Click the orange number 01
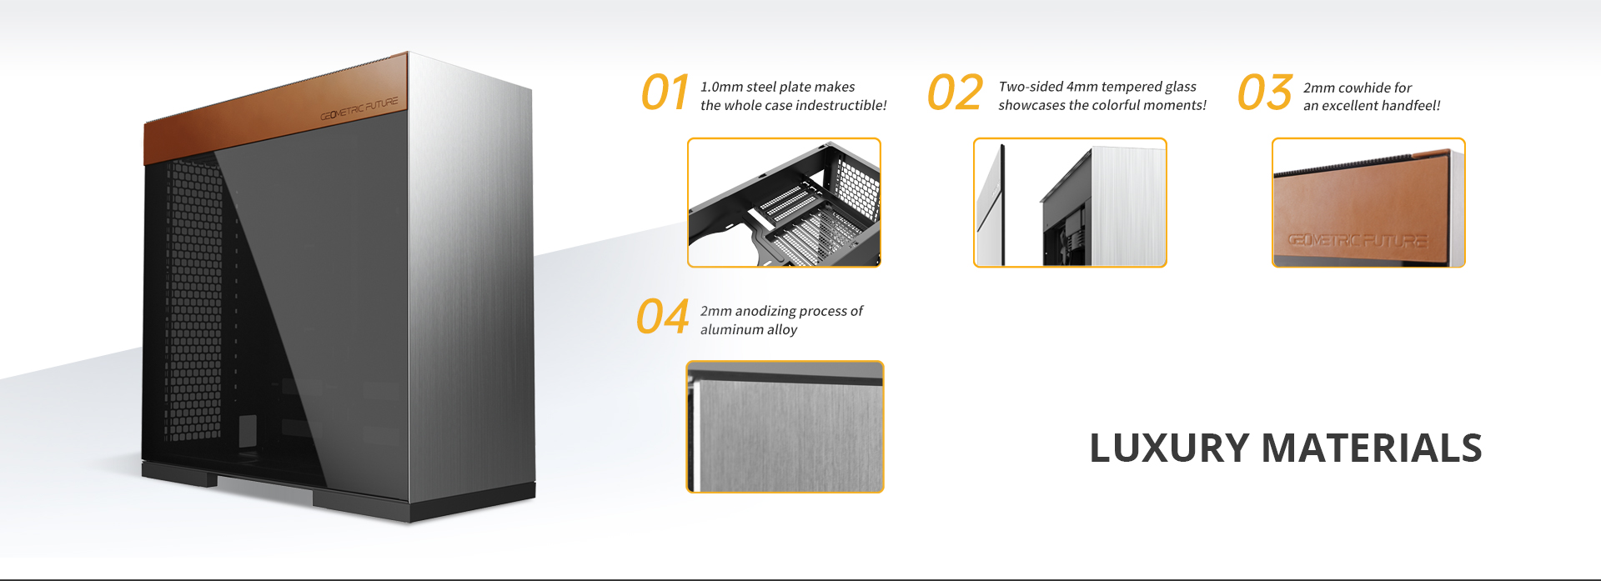(x=665, y=92)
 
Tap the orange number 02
(x=956, y=92)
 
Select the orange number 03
(x=1265, y=92)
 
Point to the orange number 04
(x=663, y=317)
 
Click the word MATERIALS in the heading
(x=1372, y=448)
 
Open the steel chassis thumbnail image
(x=784, y=203)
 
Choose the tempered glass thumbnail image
(x=1070, y=203)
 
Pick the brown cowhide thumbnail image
(x=1368, y=203)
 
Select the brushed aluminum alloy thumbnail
(x=785, y=427)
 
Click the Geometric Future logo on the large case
(x=359, y=109)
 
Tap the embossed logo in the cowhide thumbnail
(x=1357, y=241)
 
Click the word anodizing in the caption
(x=765, y=311)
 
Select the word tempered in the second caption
(x=1132, y=87)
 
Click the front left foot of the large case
(x=179, y=476)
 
